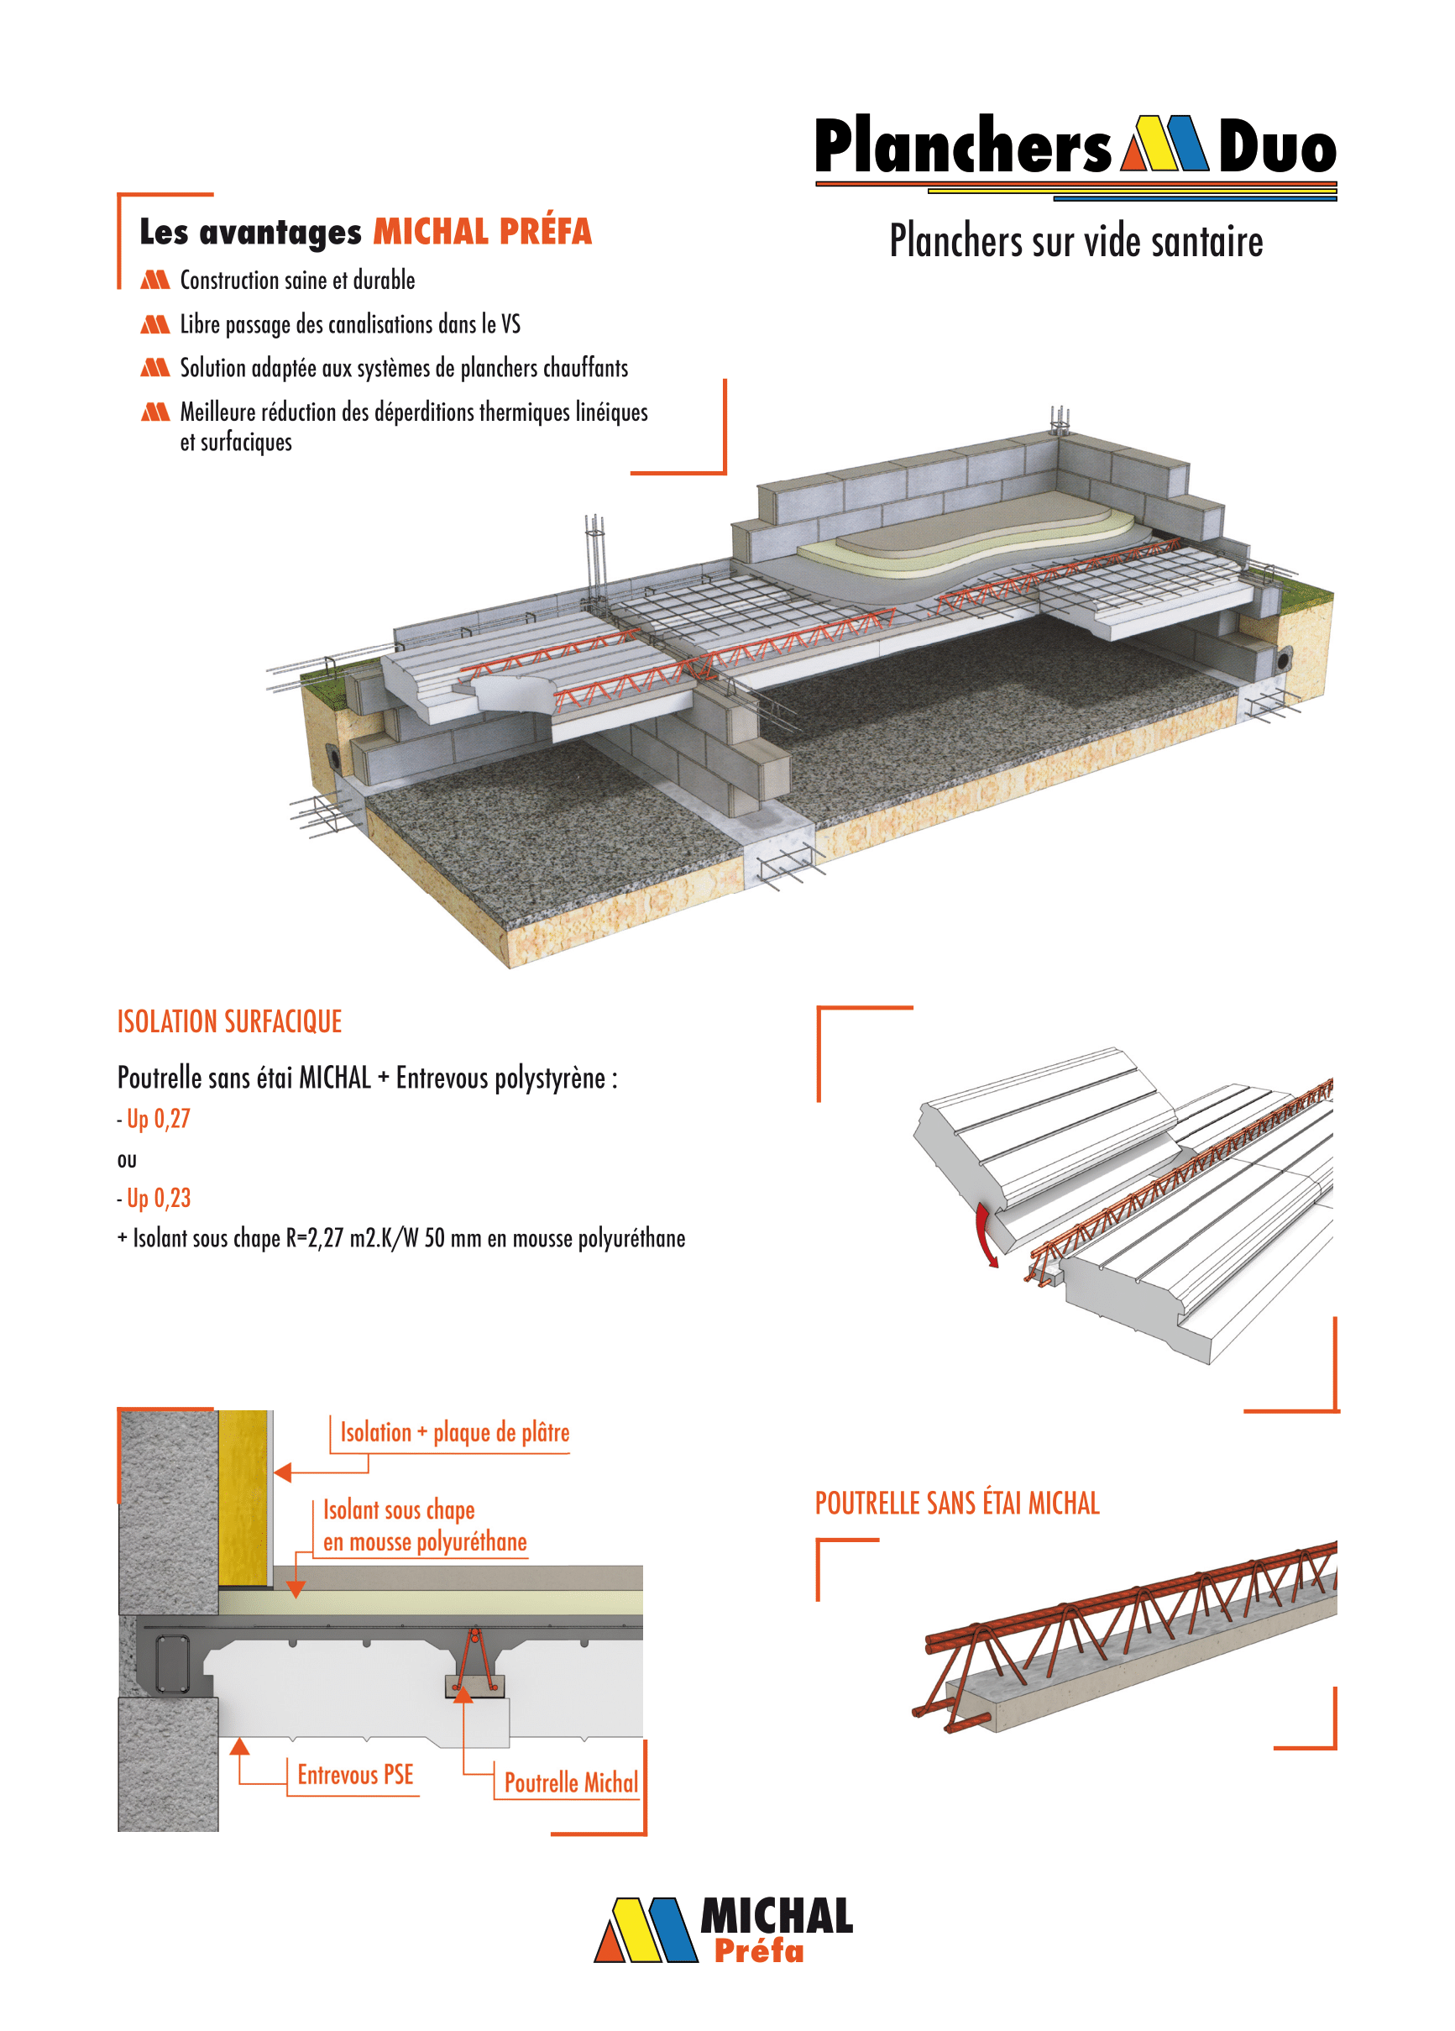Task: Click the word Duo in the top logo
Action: point(1277,146)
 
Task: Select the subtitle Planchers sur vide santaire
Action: point(1076,241)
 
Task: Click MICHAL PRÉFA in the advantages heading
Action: point(483,231)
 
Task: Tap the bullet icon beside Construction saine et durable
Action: point(154,281)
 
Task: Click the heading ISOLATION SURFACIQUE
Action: point(230,1021)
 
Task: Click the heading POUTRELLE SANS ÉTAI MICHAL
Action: point(957,1503)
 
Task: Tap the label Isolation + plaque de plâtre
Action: point(455,1433)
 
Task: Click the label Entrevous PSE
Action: point(355,1775)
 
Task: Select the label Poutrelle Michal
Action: point(571,1783)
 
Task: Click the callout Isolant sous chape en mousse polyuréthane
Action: point(425,1526)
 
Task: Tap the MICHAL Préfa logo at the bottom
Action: point(724,1931)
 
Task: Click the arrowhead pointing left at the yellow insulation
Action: point(283,1472)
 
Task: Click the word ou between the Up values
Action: point(127,1162)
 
